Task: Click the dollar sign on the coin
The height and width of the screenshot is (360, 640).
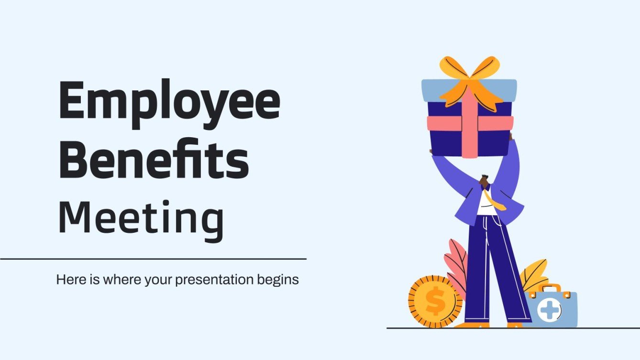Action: tap(435, 302)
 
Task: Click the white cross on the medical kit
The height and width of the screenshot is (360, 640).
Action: tap(549, 310)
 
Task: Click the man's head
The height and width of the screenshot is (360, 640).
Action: tap(484, 181)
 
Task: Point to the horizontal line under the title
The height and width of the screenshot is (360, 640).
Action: tap(153, 259)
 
